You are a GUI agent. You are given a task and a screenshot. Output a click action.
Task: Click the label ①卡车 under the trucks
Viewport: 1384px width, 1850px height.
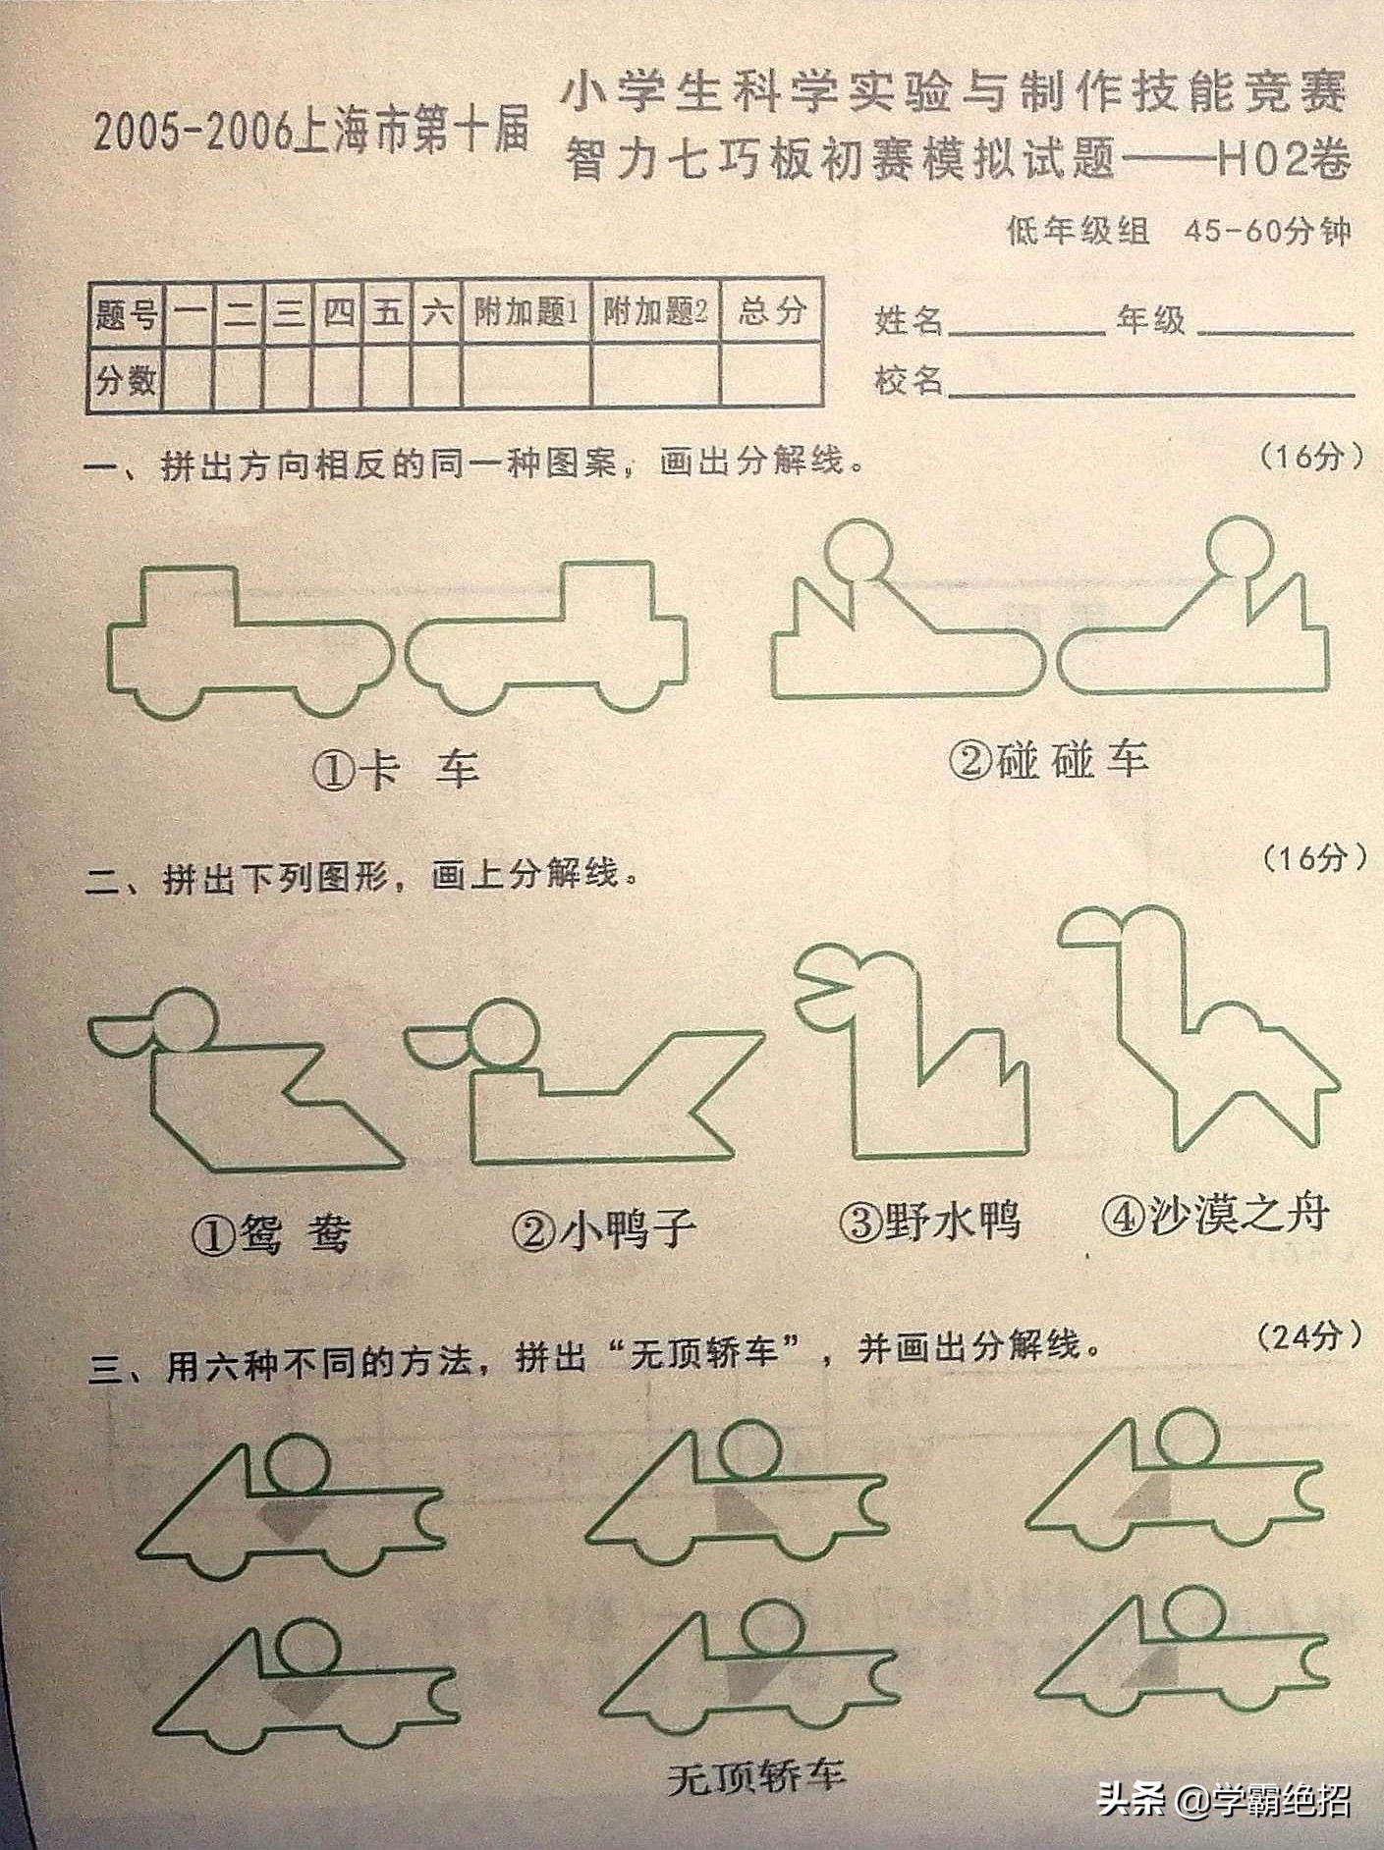click(x=396, y=770)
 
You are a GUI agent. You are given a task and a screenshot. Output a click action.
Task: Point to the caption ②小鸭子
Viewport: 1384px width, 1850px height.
click(x=603, y=1227)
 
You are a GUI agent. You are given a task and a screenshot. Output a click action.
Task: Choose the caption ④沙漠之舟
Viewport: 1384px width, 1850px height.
click(x=1215, y=1215)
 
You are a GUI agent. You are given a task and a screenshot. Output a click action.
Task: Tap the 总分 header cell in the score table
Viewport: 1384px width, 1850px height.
click(x=771, y=312)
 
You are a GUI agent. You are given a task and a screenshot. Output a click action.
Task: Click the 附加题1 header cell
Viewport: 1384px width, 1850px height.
click(x=526, y=313)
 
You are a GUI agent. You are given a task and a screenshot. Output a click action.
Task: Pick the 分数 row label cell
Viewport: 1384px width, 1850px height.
click(x=126, y=379)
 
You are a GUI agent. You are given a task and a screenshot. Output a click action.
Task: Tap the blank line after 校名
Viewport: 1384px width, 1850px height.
click(x=1149, y=387)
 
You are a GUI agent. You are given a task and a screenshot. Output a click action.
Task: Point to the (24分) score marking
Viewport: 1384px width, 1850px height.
click(x=1310, y=1335)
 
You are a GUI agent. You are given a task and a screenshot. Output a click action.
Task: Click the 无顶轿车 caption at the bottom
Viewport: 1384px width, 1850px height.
click(x=755, y=1775)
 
